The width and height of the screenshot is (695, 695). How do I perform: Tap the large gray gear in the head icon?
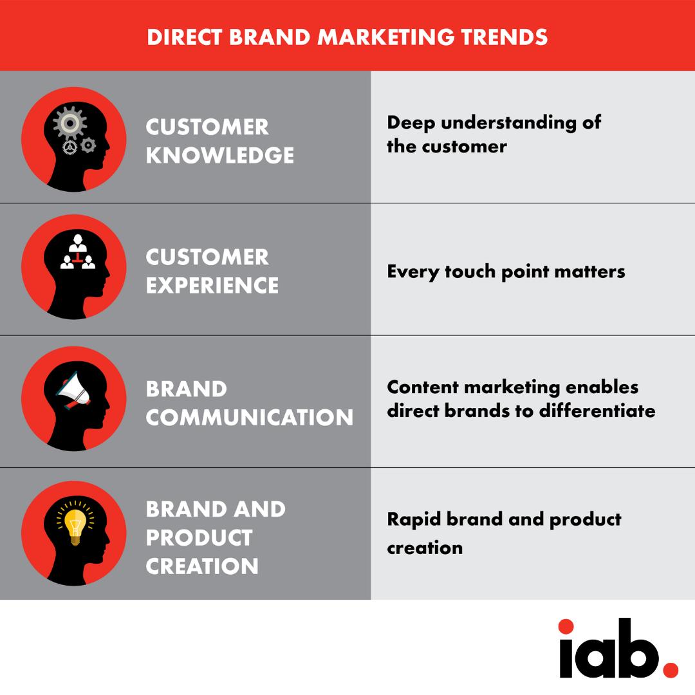[69, 122]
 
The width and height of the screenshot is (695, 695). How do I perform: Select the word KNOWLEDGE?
[220, 155]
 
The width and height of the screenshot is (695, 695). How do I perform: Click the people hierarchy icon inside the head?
[78, 254]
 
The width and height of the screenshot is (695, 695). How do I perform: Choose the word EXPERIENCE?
[212, 285]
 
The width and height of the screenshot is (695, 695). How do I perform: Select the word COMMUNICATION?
[250, 417]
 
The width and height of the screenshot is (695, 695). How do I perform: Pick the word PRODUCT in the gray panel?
[199, 537]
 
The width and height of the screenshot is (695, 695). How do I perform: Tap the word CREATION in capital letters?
[202, 566]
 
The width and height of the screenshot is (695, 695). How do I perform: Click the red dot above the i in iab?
[566, 626]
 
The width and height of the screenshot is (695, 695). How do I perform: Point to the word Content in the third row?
[423, 387]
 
